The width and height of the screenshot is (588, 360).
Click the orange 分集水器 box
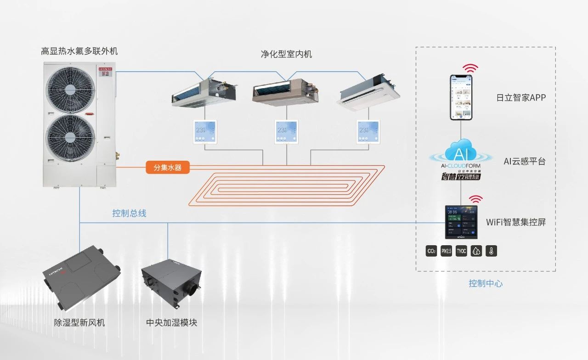168,168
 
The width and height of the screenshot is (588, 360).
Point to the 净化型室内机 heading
286,54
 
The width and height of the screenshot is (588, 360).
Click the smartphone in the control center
461,97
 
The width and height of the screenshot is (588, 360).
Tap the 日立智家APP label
521,97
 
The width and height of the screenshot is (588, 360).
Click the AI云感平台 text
524,161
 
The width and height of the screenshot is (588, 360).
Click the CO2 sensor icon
431,251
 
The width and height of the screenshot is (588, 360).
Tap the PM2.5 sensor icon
446,251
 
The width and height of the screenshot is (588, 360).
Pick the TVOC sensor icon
461,251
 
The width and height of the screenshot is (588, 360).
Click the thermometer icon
491,251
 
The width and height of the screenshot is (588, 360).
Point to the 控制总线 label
129,214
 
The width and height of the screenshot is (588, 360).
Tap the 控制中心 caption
486,283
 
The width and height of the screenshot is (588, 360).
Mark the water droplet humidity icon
476,251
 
